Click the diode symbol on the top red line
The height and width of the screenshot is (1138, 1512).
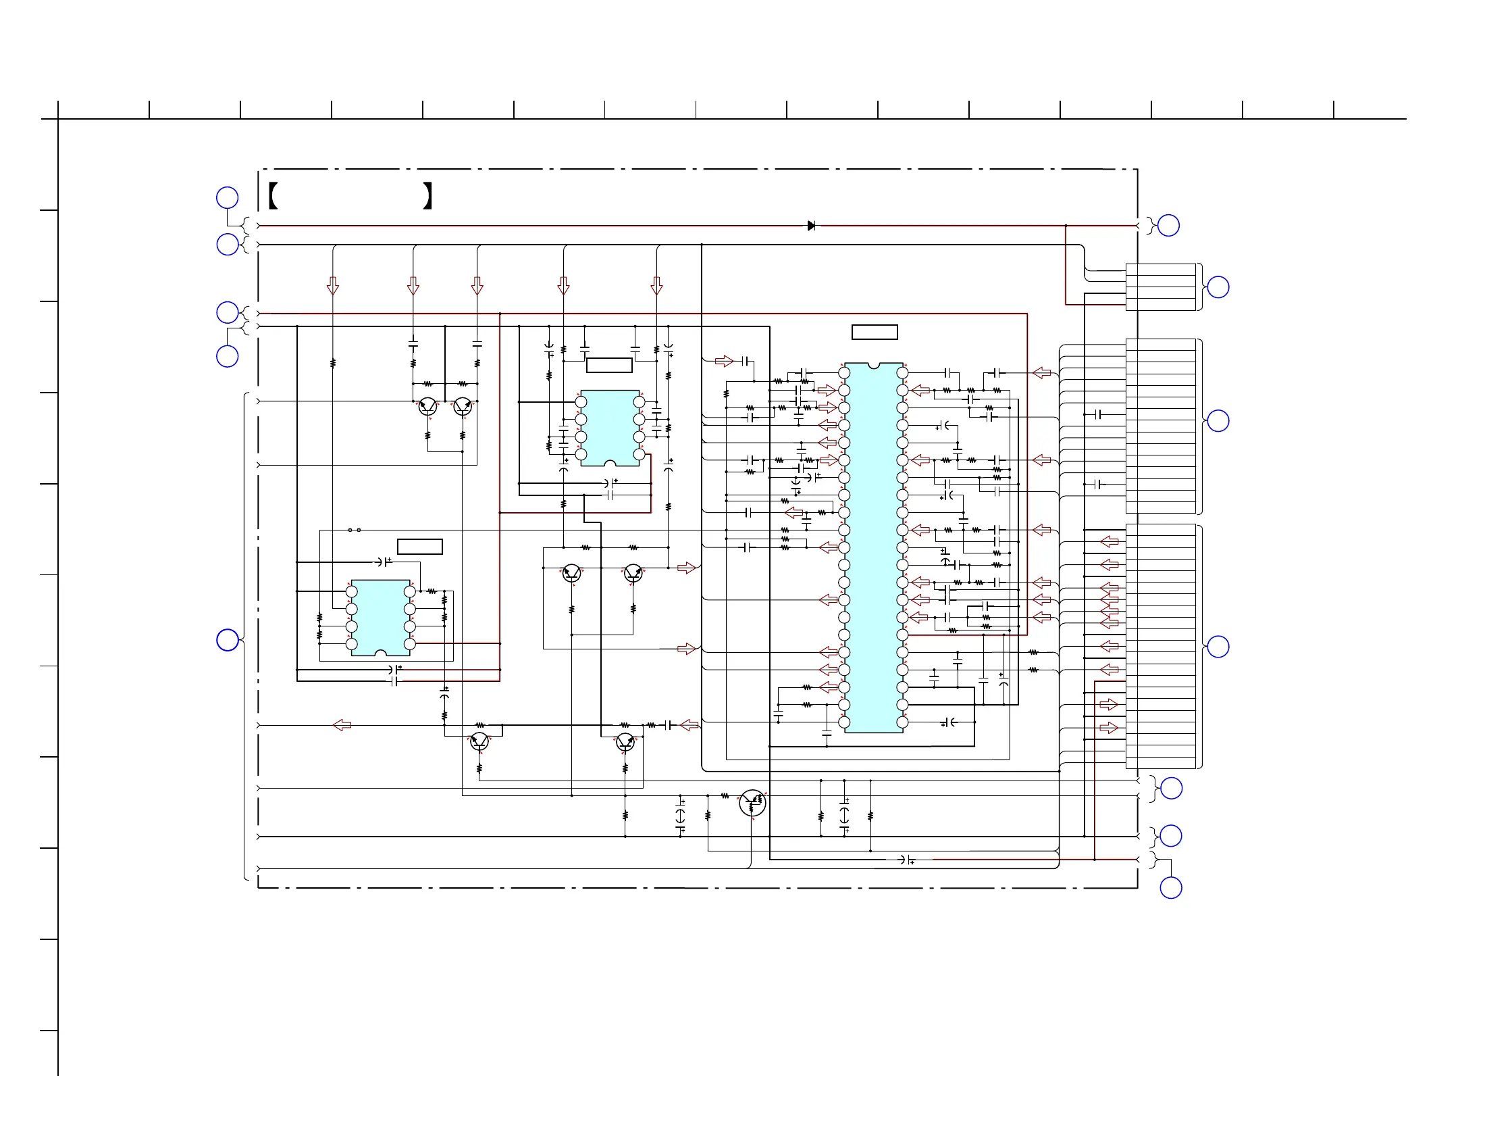pos(811,226)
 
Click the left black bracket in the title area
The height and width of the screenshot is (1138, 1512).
pos(273,195)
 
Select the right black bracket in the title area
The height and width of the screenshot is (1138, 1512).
pos(428,195)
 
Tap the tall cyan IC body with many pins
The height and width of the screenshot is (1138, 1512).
pos(874,547)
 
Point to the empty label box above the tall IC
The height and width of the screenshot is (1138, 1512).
pos(875,332)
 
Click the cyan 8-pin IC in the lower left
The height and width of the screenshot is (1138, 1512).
pos(380,618)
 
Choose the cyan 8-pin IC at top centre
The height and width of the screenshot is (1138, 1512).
pos(610,428)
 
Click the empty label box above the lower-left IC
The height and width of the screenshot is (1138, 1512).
pos(419,547)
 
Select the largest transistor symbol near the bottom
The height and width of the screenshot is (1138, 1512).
pos(752,803)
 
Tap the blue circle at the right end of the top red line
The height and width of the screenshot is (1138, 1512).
pos(1168,225)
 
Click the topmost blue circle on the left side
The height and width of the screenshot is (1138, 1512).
pos(227,197)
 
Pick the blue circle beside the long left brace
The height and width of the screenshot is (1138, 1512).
pos(227,640)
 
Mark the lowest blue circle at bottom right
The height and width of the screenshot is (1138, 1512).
pos(1171,888)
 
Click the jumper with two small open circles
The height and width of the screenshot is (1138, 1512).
pos(354,530)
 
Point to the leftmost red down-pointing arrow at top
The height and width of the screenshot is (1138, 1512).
pos(333,286)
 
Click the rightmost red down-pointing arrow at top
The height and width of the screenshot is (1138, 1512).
pos(657,286)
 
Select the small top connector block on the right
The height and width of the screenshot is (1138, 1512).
pos(1161,287)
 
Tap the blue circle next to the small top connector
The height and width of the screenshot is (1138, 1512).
pos(1218,287)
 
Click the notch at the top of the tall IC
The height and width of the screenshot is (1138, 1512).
pos(874,366)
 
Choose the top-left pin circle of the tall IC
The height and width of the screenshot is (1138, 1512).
pos(844,373)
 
